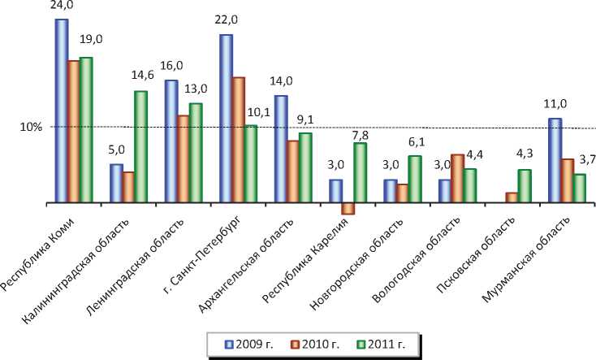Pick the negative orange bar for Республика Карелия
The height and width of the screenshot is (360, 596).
pyautogui.click(x=348, y=208)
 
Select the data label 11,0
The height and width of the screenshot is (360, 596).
pyautogui.click(x=554, y=104)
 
